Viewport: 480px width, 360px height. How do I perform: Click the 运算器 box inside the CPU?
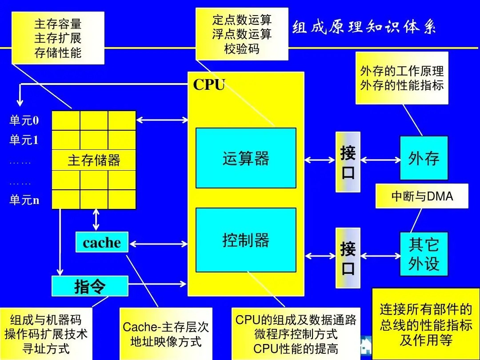point(246,158)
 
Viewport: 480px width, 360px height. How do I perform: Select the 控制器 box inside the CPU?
point(246,240)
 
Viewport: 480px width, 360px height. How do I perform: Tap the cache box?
point(102,243)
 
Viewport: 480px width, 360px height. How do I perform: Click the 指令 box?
point(90,286)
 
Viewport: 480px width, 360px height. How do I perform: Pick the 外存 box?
point(424,158)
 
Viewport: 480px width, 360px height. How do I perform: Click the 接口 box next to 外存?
point(348,162)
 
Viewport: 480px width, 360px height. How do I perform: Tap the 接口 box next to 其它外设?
point(348,258)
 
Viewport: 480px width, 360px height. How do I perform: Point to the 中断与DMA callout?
point(422,196)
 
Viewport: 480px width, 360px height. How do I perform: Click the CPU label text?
point(209,84)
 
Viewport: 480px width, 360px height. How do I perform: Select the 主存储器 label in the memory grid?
point(94,160)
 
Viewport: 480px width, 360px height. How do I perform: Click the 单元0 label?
point(24,120)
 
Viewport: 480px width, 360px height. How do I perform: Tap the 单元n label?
point(24,200)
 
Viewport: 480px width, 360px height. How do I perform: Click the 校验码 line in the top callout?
point(242,48)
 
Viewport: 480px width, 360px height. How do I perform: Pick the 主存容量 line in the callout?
point(58,24)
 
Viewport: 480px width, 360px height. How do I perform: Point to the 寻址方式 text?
point(46,348)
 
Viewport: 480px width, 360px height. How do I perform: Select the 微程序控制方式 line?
point(296,334)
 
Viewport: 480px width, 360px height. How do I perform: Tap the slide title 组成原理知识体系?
point(364,28)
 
